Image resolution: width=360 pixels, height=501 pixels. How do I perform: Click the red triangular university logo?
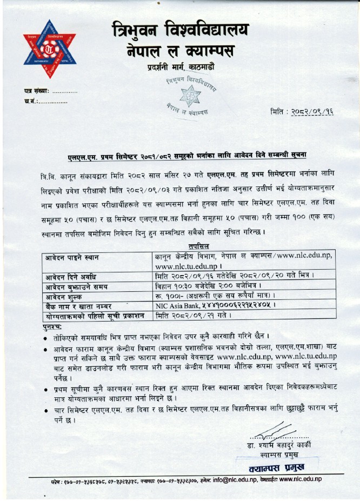click(49, 49)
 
